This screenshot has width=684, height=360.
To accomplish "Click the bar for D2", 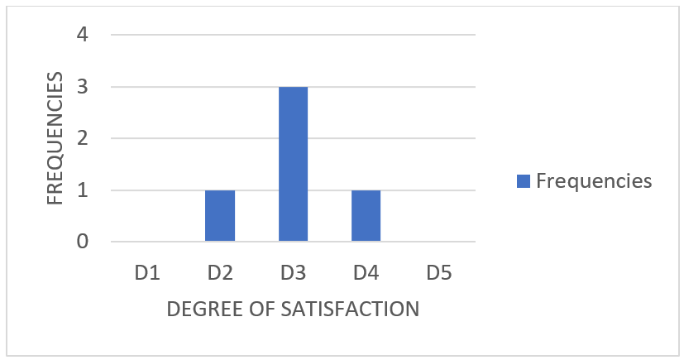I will tap(220, 216).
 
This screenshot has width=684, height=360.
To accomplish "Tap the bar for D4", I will tap(366, 216).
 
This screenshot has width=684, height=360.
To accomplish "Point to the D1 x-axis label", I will tap(147, 272).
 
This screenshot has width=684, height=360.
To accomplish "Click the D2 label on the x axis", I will tap(220, 272).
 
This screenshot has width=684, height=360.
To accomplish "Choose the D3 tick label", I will tap(293, 272).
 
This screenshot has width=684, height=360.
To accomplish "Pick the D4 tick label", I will tap(366, 272).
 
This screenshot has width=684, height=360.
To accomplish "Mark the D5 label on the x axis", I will tap(438, 272).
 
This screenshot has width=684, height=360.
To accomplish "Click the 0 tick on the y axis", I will tap(84, 242).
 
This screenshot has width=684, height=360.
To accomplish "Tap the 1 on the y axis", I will tap(84, 190).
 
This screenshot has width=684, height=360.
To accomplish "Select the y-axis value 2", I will tap(84, 138).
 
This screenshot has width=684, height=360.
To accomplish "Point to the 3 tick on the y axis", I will tap(84, 87).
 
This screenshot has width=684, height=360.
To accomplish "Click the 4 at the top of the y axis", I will tap(84, 35).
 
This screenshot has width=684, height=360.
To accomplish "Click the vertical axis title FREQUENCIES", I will tap(55, 138).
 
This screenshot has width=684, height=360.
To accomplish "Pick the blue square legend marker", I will tap(523, 180).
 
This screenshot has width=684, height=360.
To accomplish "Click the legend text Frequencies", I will tap(594, 180).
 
